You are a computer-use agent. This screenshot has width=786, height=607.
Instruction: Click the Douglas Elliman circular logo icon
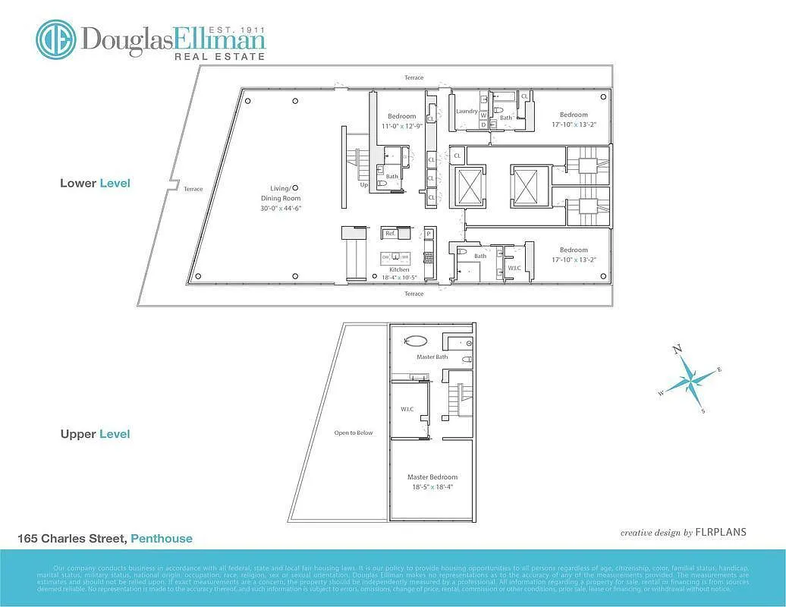click(x=56, y=39)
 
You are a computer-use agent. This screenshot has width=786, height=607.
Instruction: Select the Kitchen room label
click(x=399, y=270)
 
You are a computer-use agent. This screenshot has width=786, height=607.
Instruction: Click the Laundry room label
click(x=467, y=112)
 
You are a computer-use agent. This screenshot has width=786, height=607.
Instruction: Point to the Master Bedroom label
click(x=432, y=477)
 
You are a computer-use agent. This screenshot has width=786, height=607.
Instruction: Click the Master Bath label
click(x=432, y=357)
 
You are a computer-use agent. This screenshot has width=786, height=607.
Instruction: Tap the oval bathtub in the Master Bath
click(x=416, y=341)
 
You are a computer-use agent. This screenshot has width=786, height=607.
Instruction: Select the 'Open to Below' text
click(x=354, y=433)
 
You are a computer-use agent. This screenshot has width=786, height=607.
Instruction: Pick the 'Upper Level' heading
click(x=95, y=434)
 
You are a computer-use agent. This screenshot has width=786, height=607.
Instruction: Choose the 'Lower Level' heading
click(x=95, y=183)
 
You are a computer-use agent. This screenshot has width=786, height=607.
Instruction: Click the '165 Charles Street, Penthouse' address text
click(x=105, y=539)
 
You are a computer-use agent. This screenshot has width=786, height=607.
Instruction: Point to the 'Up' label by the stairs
click(x=364, y=184)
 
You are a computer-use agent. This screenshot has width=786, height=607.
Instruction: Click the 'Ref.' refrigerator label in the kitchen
click(x=390, y=234)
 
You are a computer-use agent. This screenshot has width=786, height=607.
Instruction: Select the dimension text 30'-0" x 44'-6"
click(x=281, y=208)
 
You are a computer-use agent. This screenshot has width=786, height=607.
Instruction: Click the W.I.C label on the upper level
click(x=407, y=409)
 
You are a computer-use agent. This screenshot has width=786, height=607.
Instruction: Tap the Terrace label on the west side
click(x=193, y=189)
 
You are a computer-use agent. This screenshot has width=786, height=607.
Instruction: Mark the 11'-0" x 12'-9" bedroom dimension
click(x=398, y=126)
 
